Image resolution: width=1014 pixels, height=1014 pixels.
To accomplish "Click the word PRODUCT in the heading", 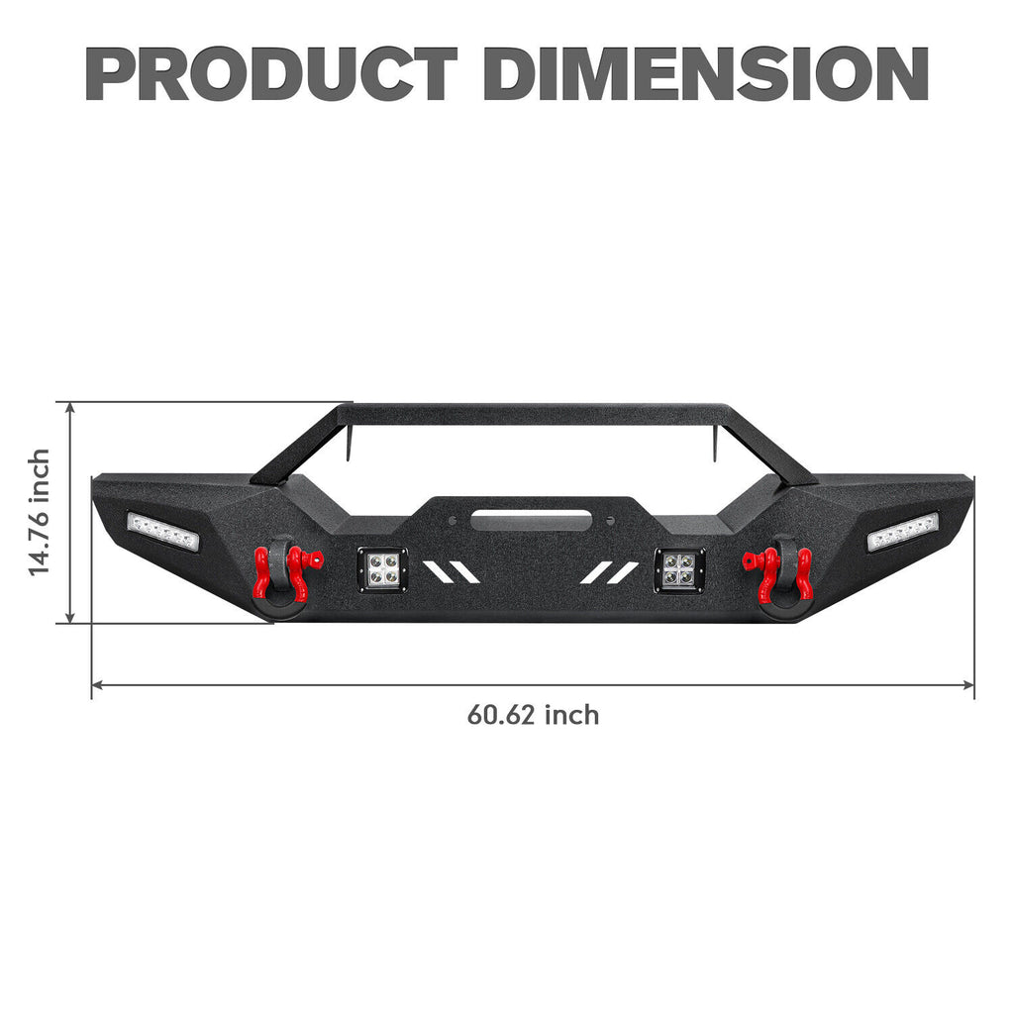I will coord(270,73).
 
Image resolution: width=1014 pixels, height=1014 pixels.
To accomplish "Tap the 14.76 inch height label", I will coord(40,512).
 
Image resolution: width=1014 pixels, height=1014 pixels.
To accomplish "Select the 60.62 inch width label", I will coord(533,714).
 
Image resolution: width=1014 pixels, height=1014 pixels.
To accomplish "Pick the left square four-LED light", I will coord(382,569).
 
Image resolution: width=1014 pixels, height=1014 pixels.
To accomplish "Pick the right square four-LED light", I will coord(679,569).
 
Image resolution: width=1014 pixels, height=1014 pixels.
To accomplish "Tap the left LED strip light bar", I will coord(163,531).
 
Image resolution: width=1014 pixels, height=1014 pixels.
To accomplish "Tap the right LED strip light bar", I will coord(902,532).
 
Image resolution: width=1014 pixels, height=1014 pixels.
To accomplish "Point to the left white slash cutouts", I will coord(451,572).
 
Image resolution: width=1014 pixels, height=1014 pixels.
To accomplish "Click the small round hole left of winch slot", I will coord(452,519).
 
